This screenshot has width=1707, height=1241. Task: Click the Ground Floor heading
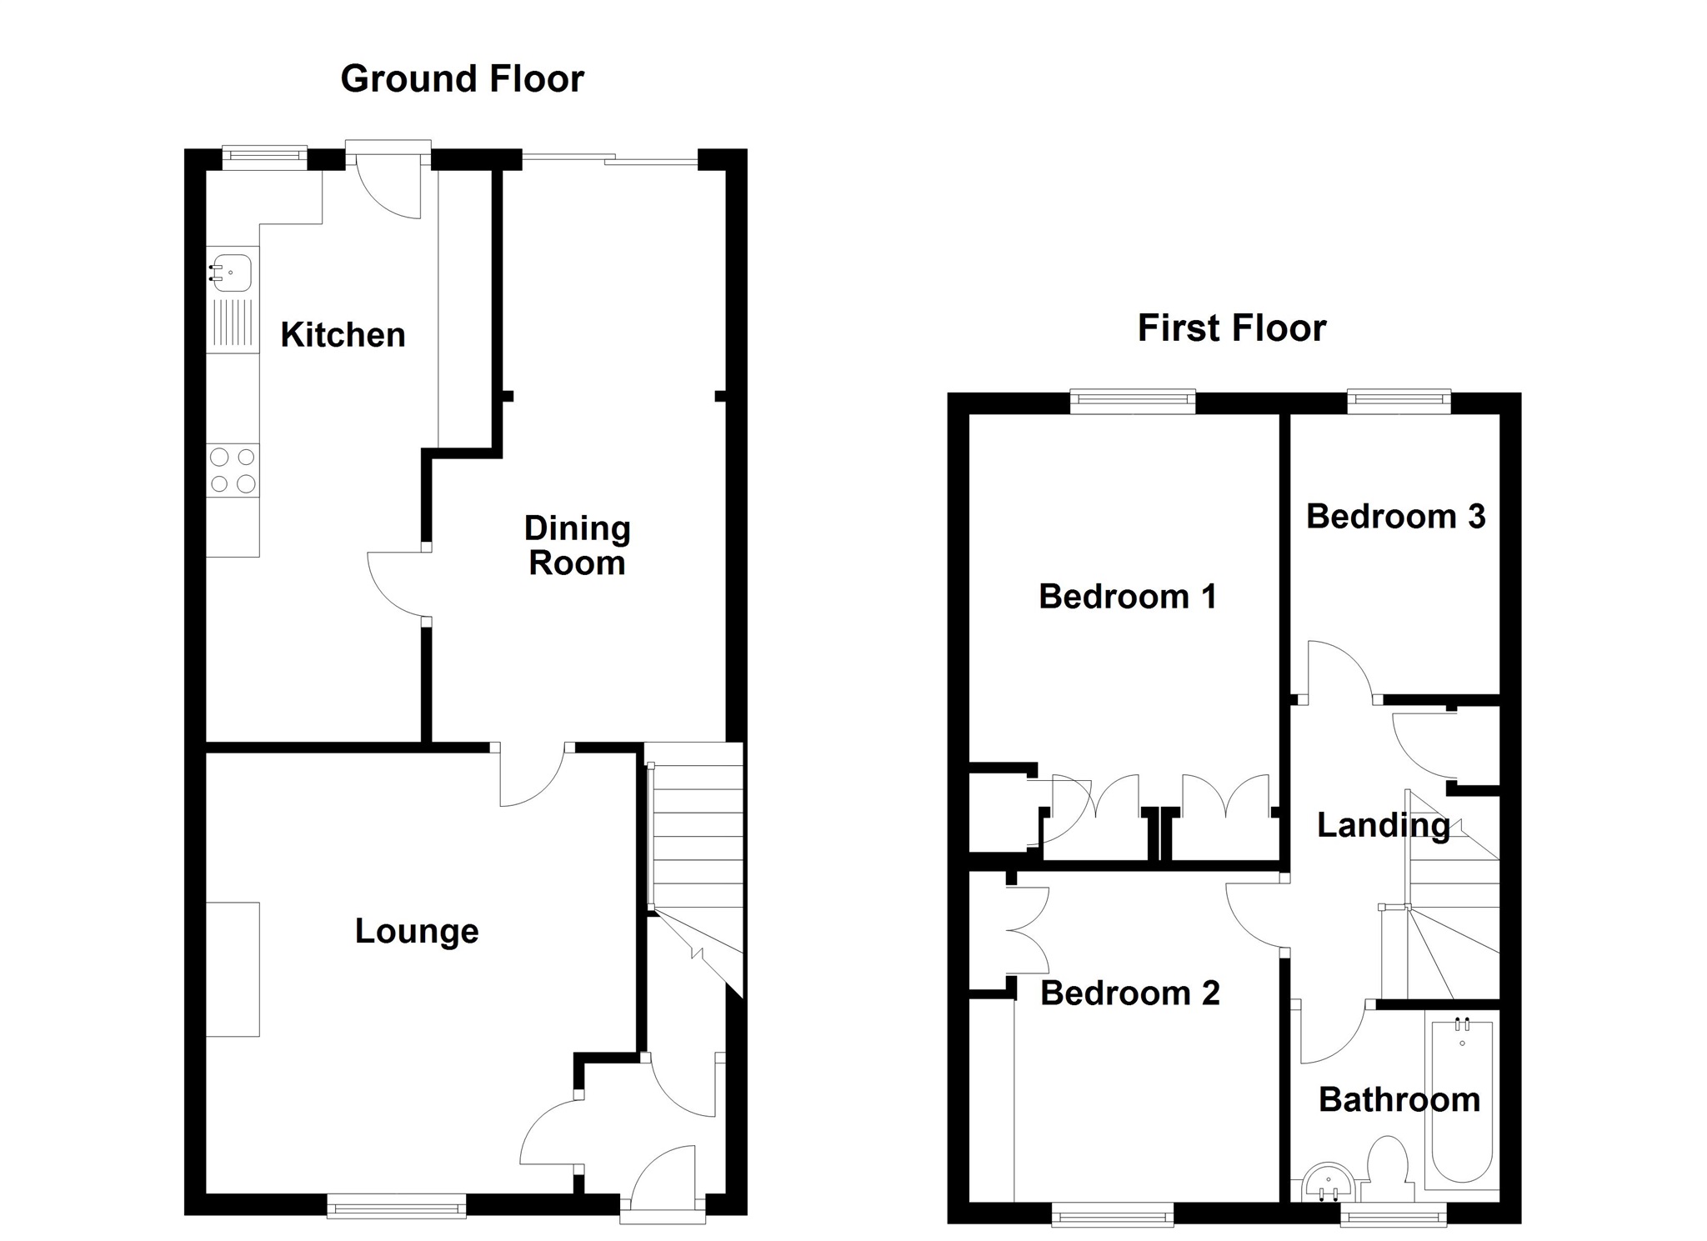[462, 79]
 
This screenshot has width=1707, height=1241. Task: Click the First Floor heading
[1231, 328]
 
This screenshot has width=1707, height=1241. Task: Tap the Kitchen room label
[343, 335]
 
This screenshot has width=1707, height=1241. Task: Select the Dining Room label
[577, 546]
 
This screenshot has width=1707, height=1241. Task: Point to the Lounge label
[417, 931]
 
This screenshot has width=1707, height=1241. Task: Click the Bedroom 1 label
[1127, 597]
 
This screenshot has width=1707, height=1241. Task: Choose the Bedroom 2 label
[1129, 993]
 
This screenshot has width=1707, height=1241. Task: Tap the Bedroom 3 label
[1395, 517]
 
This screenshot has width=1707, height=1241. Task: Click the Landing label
[1383, 825]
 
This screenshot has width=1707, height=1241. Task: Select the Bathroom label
[1399, 1100]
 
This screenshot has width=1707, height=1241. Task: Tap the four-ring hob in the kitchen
[233, 470]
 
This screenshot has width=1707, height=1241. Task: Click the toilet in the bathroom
[1388, 1160]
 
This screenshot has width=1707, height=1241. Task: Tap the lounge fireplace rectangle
[233, 969]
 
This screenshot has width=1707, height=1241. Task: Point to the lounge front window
[396, 1206]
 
